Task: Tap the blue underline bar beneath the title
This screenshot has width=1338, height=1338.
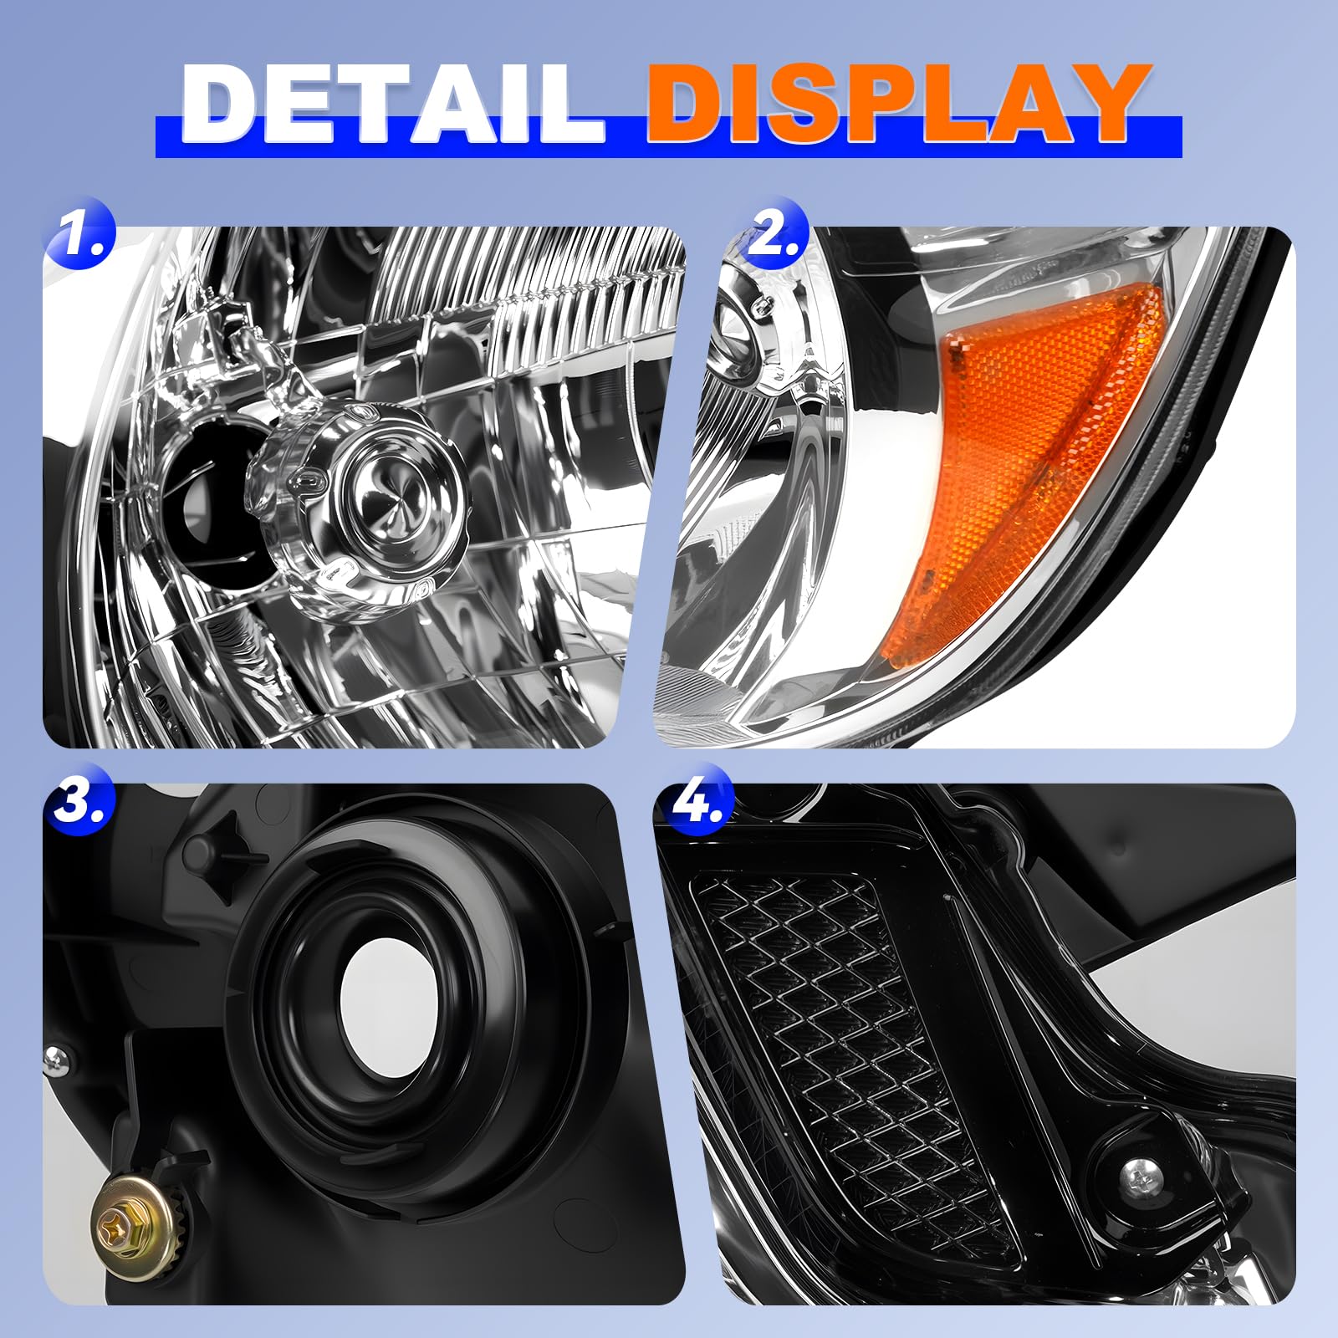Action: [x=668, y=137]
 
